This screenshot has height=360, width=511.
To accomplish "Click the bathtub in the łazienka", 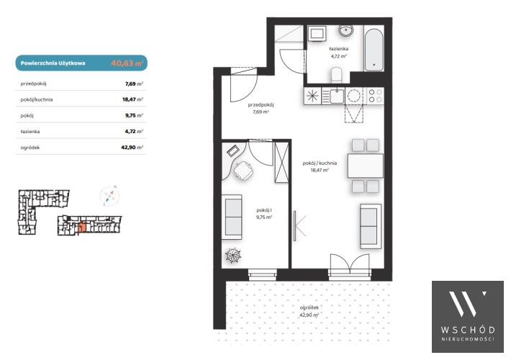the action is click(374, 50).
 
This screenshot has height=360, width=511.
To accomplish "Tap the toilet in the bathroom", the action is click(336, 76).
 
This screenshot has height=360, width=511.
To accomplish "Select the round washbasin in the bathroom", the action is click(345, 31).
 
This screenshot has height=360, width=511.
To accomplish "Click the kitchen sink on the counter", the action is click(337, 96).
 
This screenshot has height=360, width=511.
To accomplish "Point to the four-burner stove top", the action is click(375, 96).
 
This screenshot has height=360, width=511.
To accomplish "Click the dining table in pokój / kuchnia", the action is click(366, 166).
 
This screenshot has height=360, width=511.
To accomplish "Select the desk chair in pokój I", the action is click(243, 170).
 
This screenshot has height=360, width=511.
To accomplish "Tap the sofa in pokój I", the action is click(232, 217).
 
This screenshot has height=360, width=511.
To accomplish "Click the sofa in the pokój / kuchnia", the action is click(371, 226).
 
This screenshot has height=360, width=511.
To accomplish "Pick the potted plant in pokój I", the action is click(233, 256).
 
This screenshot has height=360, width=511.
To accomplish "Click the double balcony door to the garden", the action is click(350, 266).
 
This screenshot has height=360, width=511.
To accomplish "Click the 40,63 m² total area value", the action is click(127, 63).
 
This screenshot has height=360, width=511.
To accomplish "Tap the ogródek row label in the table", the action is click(30, 148).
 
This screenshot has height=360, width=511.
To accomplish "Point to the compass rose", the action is click(109, 196).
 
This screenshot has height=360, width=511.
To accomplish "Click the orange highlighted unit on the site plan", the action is click(82, 227).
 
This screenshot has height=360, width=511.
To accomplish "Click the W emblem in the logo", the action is click(467, 304).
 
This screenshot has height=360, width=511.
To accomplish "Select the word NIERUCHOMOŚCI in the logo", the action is click(468, 339).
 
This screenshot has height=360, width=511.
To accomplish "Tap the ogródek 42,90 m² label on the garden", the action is click(309, 311).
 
